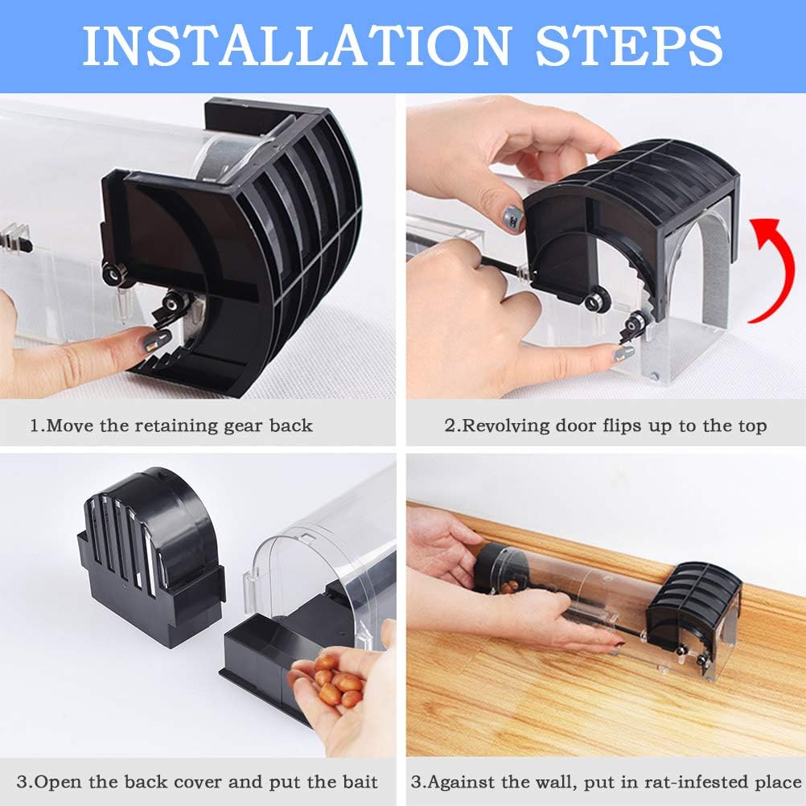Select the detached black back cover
153,555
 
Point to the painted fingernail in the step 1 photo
150,343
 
